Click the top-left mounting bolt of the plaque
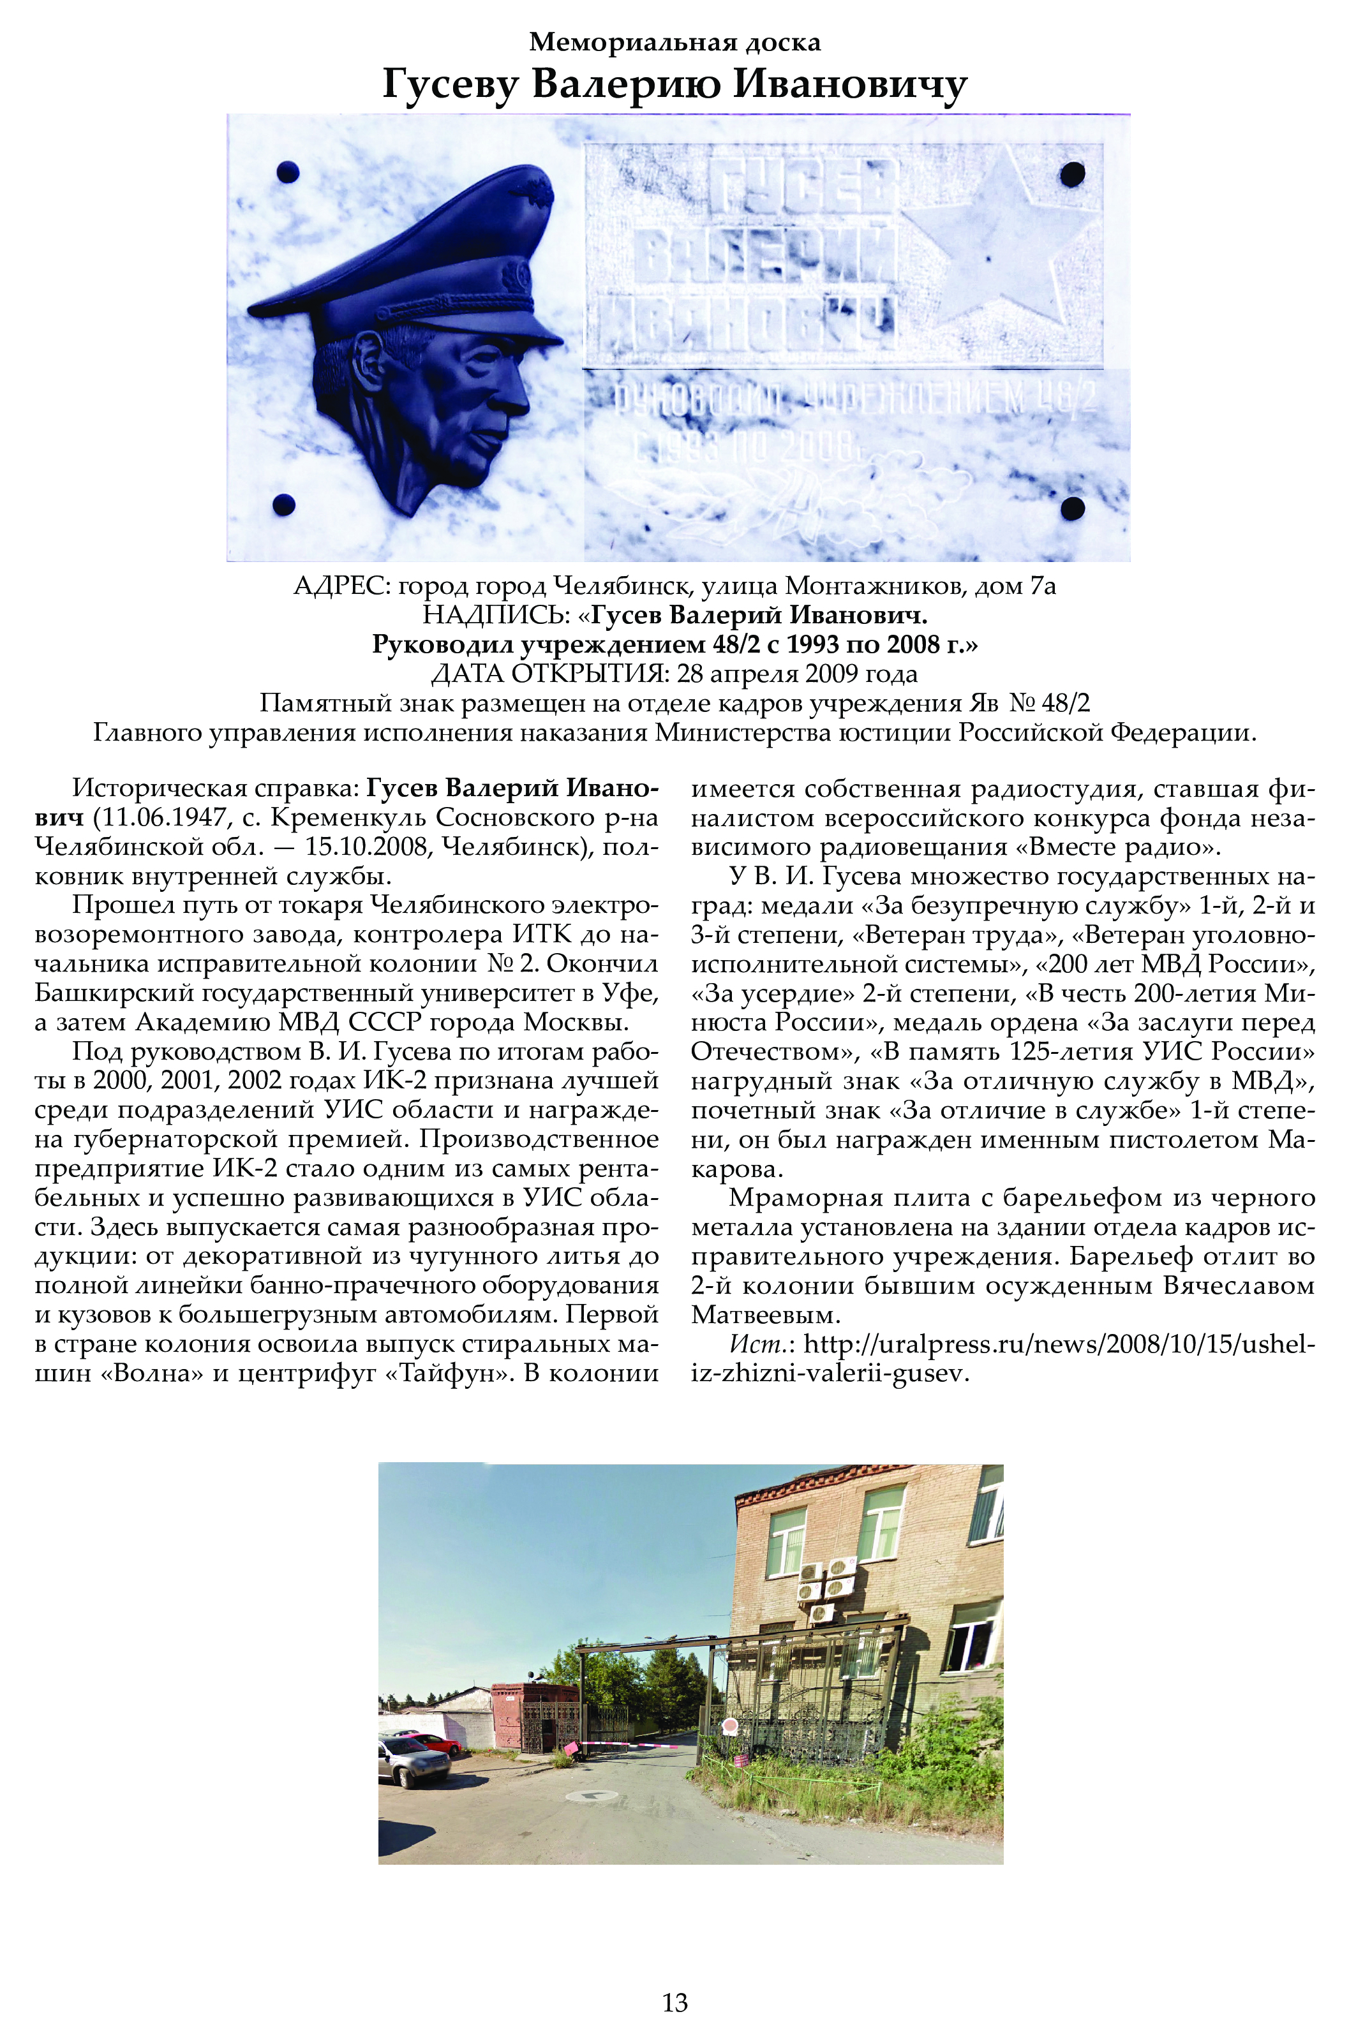click(x=287, y=172)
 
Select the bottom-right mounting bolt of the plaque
click(x=1072, y=507)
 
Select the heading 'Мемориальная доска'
click(x=674, y=41)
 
